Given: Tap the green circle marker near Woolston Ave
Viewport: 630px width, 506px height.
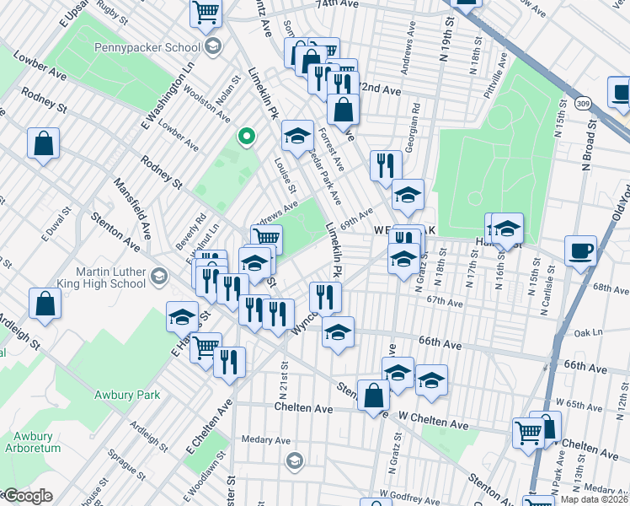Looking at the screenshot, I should pos(246,136).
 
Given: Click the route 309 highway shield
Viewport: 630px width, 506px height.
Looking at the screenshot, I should pos(582,102).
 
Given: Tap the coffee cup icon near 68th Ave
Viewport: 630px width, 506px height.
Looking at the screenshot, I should pos(580,250).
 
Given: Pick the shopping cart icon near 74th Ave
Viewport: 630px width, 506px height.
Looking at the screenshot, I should pos(206,13).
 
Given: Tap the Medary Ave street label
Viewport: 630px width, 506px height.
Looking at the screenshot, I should pos(266,440).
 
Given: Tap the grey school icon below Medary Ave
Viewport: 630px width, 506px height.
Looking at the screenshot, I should pos(294,460).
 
